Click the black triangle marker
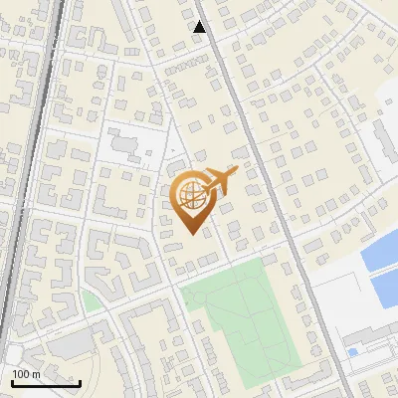199,27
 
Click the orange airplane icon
217,181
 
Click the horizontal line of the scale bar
45,383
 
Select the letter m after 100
36,374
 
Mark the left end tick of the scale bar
11,381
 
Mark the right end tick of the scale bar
80,381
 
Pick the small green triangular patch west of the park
92,300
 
